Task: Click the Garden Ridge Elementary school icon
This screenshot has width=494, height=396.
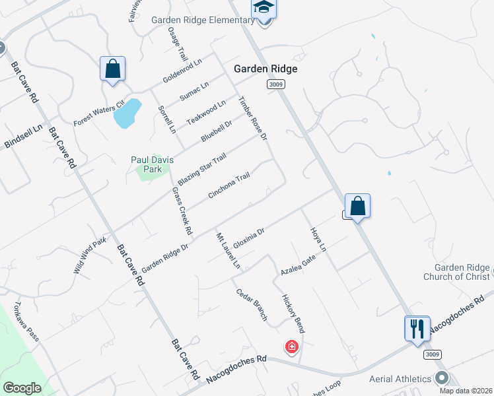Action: tap(264, 8)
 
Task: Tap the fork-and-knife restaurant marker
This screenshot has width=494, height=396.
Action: tap(417, 328)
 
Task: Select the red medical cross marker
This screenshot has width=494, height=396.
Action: tap(291, 346)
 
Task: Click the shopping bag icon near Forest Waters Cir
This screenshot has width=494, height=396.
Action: tap(112, 69)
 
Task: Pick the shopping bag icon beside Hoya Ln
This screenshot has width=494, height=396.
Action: tap(357, 206)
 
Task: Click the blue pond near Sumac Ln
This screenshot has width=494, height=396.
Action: tap(127, 113)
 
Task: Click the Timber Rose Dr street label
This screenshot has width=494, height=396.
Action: tap(252, 119)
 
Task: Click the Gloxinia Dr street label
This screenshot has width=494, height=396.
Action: tap(249, 236)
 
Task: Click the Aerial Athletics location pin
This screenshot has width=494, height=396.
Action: tap(442, 378)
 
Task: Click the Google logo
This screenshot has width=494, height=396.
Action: tap(22, 388)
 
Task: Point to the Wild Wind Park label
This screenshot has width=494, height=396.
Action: tap(90, 256)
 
